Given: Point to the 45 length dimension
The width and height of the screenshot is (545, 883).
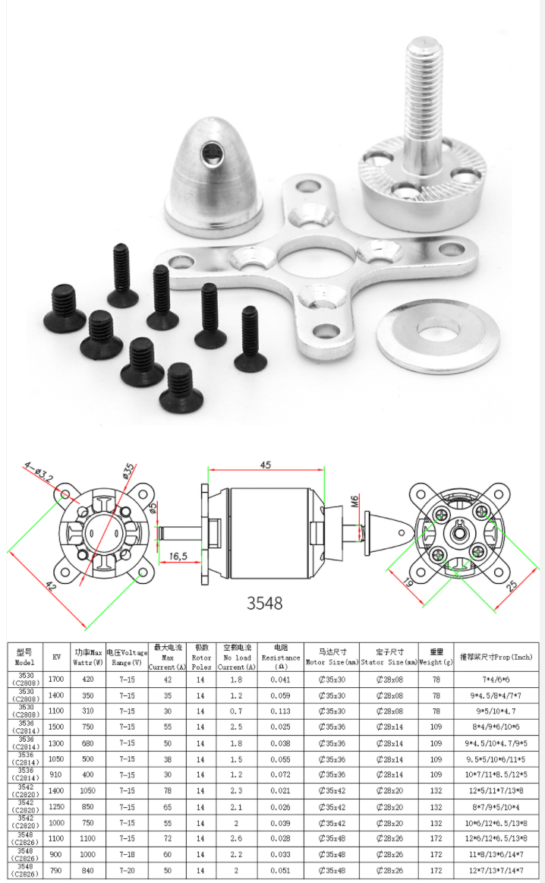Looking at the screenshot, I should click(265, 465).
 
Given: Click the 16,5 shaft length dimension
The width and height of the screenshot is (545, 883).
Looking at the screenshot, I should click(178, 557).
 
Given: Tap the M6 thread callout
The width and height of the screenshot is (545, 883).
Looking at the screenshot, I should click(354, 501).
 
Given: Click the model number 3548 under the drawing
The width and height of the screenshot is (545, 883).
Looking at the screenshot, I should click(264, 603).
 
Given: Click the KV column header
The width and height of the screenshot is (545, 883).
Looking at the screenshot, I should click(56, 657).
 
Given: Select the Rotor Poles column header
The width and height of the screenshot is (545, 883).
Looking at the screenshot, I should click(201, 657).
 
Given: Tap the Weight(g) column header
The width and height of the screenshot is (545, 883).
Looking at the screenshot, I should click(436, 657).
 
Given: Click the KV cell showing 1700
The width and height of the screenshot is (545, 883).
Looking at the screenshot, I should click(56, 679).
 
